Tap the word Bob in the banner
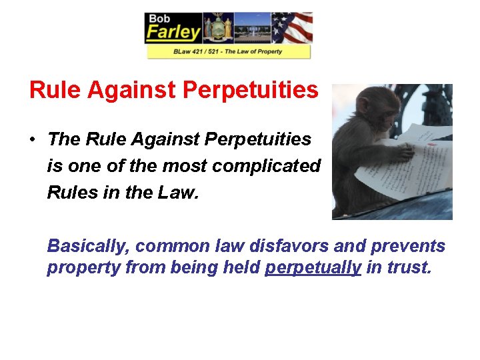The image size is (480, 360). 161,19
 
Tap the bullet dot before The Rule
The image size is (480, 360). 32,139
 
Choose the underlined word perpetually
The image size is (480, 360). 313,269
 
